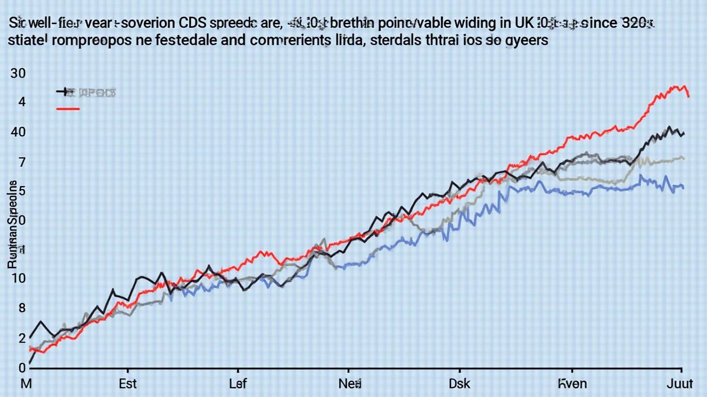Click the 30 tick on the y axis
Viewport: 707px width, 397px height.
coord(18,73)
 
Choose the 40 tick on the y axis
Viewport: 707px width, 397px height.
coord(18,132)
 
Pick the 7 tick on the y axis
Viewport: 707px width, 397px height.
coord(22,162)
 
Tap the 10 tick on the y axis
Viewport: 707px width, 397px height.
coord(18,279)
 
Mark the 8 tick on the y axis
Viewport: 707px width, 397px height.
coord(22,308)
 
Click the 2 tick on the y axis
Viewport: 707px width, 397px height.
coord(22,338)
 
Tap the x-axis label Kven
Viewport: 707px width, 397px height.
coord(572,384)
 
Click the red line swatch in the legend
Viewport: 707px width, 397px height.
coord(67,109)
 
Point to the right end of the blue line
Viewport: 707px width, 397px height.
coord(683,187)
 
